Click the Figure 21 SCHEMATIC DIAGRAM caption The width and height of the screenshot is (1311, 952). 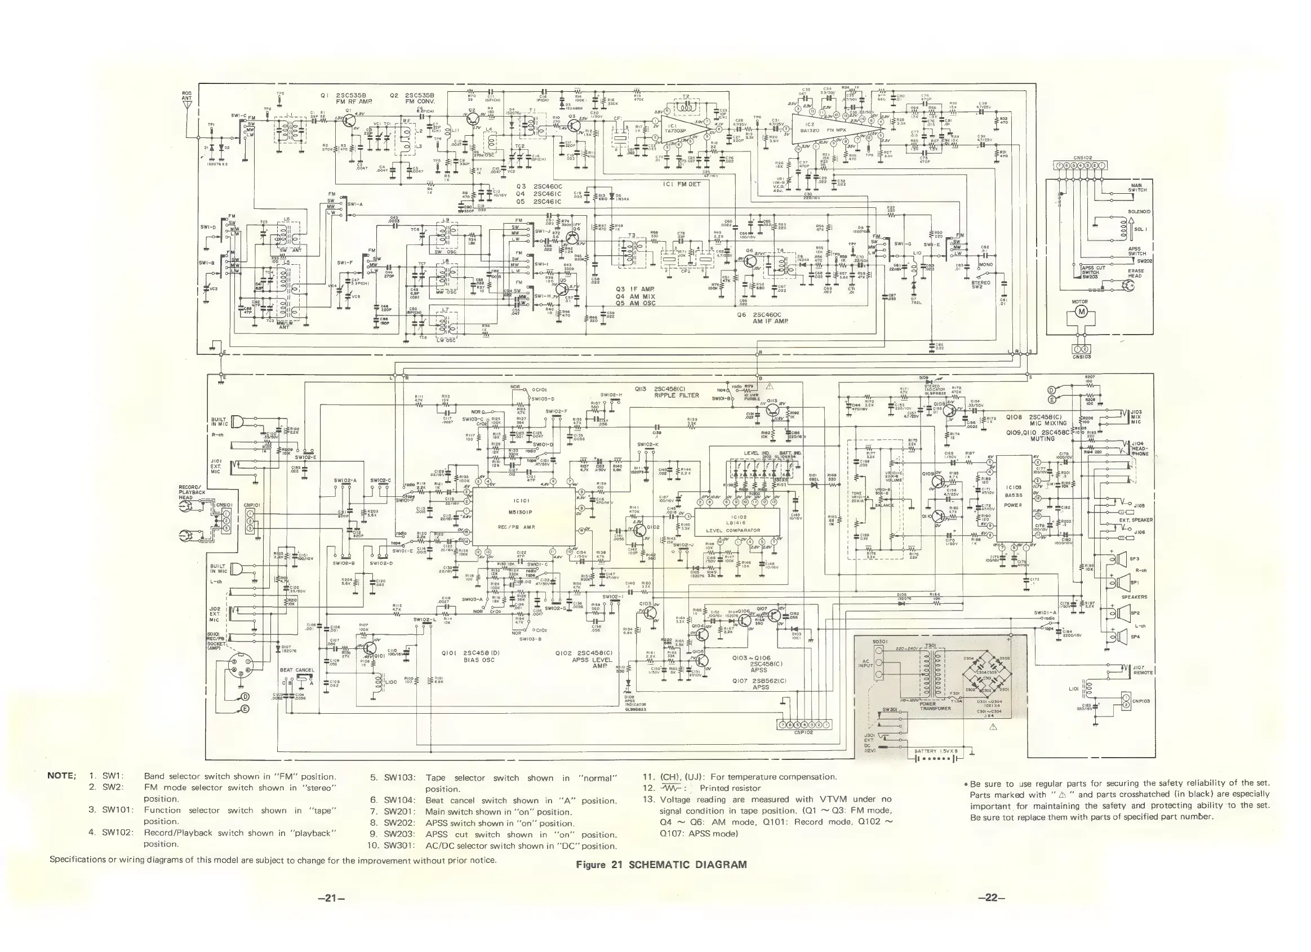[661, 865]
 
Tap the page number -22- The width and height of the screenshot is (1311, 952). [991, 898]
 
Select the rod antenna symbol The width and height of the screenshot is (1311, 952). [187, 110]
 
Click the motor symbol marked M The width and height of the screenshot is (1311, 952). [1080, 313]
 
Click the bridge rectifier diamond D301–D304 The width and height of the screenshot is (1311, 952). [986, 673]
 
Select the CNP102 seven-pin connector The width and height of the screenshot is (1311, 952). [803, 724]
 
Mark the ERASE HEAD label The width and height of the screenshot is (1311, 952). [1136, 273]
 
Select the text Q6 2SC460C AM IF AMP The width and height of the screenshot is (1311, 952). [762, 317]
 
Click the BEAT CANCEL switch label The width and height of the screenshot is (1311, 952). [296, 670]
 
